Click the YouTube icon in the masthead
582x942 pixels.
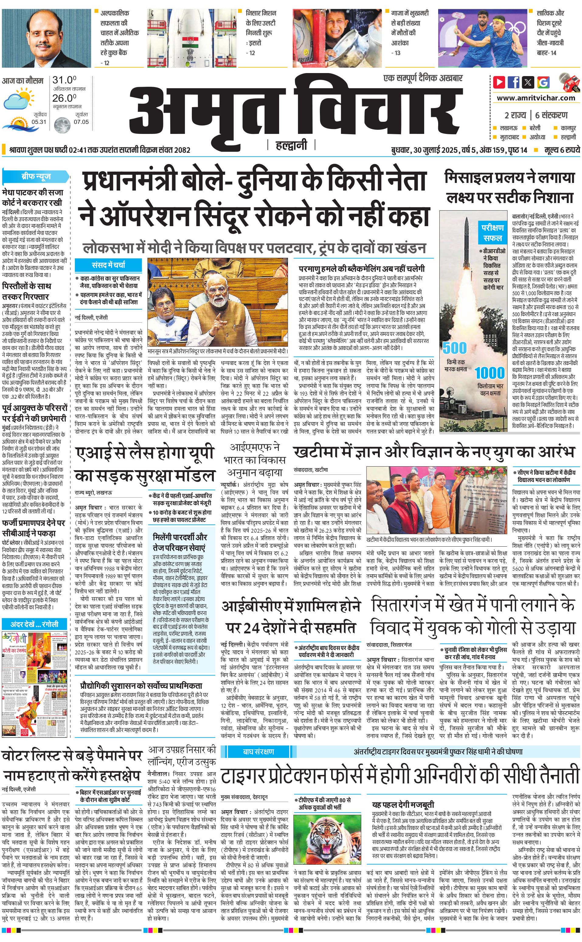(499, 82)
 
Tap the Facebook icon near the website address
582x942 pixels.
(514, 82)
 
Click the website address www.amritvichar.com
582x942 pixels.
(536, 98)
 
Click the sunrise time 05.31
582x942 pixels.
(39, 122)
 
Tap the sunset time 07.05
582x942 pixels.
(81, 122)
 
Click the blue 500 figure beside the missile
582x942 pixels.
(455, 348)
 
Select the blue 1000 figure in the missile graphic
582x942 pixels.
(489, 373)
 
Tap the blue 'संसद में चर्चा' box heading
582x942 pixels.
(108, 265)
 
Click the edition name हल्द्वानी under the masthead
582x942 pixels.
(291, 145)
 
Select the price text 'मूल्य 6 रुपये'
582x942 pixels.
(562, 150)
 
